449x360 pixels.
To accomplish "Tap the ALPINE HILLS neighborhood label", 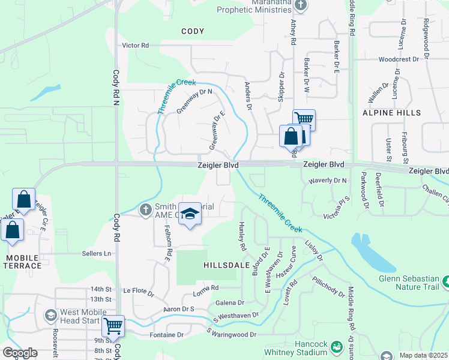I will tap(391, 113).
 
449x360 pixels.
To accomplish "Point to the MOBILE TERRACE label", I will tap(22, 262).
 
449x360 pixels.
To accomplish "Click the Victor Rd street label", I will tap(135, 45).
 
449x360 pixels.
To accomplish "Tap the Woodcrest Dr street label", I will tap(398, 59).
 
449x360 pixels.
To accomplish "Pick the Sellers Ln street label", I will tap(98, 254).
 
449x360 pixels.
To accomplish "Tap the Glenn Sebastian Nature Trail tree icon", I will tap(445, 281).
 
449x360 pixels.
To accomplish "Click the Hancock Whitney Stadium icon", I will tap(336, 347).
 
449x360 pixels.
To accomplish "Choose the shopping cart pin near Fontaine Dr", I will tap(113, 326).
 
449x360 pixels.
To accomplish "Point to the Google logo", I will tap(20, 353).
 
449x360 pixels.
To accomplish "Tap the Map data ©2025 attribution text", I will tap(423, 355).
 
